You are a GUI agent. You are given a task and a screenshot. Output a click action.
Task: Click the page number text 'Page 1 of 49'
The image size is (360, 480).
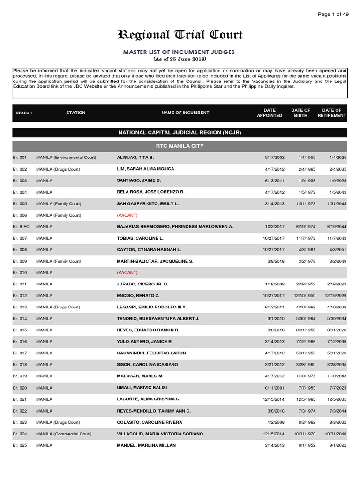(x=333, y=15)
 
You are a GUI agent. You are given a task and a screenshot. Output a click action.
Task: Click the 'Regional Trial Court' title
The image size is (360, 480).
(x=180, y=35)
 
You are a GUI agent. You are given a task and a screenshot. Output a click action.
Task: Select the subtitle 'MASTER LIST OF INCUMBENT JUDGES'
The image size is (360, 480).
(x=180, y=52)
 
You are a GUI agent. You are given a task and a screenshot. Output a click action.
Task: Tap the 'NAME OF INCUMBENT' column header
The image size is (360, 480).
(x=185, y=113)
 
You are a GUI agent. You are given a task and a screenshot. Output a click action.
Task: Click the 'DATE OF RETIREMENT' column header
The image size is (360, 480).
(x=331, y=113)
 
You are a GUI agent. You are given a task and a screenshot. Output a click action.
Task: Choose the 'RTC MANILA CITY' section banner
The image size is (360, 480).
(x=180, y=146)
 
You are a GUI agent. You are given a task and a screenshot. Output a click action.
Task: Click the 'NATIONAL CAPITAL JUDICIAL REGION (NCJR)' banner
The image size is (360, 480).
(x=180, y=133)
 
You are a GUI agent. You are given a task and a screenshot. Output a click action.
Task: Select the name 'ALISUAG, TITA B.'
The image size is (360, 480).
(x=135, y=157)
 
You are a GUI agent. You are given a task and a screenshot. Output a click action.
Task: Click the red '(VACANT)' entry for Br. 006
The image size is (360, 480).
(x=127, y=215)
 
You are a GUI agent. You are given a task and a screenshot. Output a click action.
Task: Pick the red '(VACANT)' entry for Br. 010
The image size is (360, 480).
(x=127, y=272)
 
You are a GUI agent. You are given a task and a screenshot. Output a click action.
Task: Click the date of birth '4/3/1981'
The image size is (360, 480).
(x=302, y=250)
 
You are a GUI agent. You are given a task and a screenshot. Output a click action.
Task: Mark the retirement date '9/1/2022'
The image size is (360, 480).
(x=339, y=445)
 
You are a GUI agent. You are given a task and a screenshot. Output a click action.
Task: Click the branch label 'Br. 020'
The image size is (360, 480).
(x=20, y=388)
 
